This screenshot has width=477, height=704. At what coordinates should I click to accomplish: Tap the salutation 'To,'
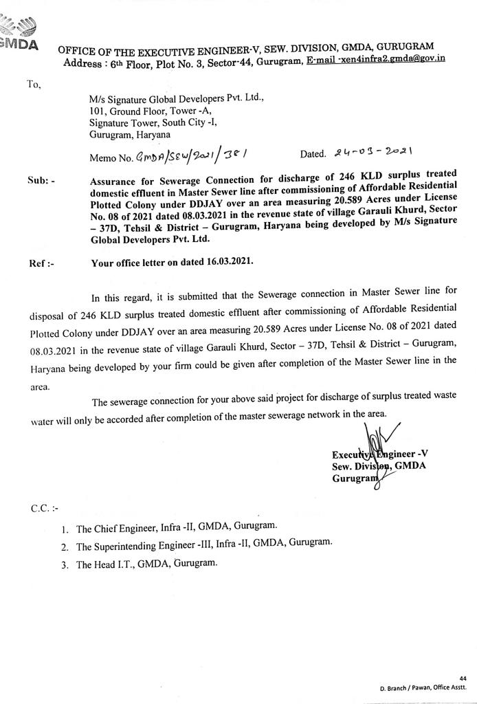pos(34,85)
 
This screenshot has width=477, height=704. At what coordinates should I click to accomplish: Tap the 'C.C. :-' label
pos(45,509)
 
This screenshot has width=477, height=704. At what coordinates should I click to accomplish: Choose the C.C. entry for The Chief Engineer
pos(176,528)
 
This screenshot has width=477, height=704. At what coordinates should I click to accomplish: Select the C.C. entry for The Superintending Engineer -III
pos(203,546)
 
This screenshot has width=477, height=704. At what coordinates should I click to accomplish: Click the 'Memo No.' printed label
pos(111,158)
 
